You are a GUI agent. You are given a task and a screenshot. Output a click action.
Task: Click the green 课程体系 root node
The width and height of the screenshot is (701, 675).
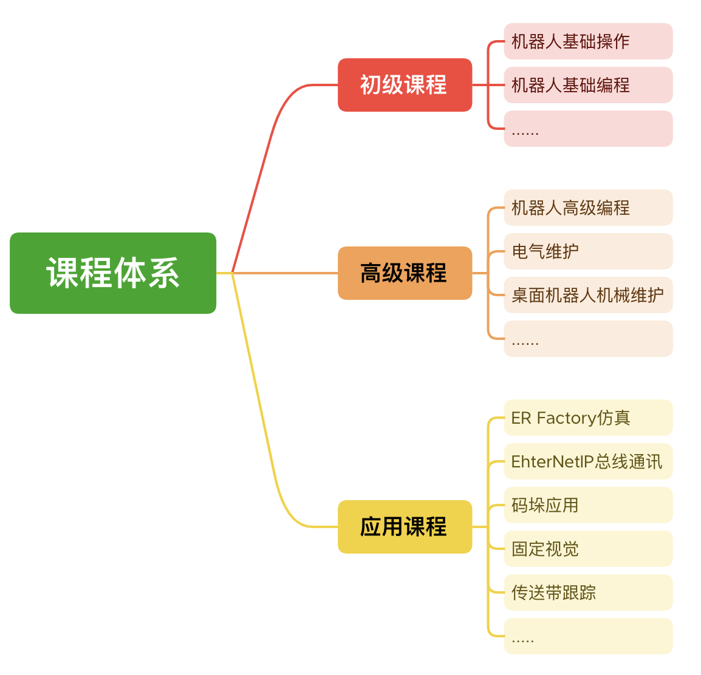click(113, 273)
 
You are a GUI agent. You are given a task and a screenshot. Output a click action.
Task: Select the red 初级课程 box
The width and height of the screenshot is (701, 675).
click(405, 85)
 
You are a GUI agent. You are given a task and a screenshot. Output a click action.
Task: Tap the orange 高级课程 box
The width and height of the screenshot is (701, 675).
click(405, 273)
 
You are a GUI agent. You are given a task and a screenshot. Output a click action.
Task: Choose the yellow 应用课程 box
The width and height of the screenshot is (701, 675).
click(405, 527)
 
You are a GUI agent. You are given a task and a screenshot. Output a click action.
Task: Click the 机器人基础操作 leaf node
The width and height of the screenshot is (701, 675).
click(588, 41)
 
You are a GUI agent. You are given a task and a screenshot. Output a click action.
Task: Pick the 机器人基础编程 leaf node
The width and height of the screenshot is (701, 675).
click(588, 85)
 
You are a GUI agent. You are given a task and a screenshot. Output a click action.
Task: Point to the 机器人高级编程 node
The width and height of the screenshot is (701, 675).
click(588, 208)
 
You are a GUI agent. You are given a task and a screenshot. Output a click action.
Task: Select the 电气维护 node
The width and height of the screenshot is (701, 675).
click(588, 251)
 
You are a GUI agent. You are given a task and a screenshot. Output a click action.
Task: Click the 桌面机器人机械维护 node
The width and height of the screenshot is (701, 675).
click(588, 295)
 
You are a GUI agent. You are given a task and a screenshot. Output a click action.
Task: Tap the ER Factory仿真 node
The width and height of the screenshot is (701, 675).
click(588, 418)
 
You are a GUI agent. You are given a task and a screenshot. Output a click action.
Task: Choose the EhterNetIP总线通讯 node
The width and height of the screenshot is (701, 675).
click(588, 461)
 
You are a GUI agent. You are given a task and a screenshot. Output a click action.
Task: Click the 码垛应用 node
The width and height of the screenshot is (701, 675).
click(588, 505)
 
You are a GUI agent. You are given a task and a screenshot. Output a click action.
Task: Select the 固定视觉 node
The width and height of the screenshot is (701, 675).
click(588, 549)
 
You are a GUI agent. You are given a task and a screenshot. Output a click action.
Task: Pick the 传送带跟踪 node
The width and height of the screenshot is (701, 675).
click(588, 592)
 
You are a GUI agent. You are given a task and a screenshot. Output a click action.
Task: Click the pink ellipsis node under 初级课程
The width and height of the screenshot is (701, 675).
click(588, 129)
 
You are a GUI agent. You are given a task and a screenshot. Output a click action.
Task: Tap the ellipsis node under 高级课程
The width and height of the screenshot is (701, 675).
click(588, 339)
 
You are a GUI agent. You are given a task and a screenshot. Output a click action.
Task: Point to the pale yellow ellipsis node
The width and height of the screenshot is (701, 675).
click(588, 636)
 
